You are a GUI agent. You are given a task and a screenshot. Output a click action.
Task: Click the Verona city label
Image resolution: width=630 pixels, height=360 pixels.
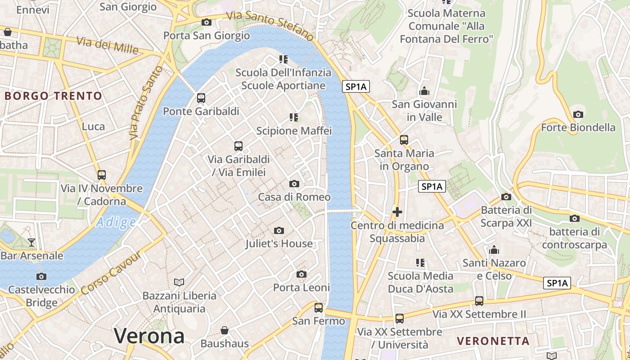[x=149, y=336]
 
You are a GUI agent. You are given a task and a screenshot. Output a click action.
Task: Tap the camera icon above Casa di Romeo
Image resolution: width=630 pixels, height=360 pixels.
[x=294, y=184]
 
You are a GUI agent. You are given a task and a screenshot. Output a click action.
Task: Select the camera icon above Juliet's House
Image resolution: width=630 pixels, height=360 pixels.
[x=279, y=230]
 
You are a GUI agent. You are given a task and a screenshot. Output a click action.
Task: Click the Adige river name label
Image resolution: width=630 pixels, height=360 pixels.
[x=116, y=222]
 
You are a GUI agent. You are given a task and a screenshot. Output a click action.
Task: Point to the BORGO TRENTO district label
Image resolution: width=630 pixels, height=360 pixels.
[x=54, y=96]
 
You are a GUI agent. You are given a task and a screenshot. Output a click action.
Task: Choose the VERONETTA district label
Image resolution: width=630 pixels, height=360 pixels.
[x=493, y=341]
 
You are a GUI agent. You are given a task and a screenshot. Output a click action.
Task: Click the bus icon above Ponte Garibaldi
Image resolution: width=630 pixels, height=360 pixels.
[x=201, y=98]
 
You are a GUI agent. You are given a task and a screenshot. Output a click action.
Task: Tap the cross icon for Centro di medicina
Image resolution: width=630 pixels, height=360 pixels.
[x=397, y=211]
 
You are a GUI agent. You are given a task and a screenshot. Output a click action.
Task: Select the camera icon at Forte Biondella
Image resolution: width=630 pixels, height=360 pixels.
[x=578, y=114]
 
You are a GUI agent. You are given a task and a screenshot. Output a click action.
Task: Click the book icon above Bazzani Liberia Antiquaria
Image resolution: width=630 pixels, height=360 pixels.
[x=179, y=282]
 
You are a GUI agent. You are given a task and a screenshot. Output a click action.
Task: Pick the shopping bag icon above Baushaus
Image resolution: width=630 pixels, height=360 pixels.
[x=225, y=330]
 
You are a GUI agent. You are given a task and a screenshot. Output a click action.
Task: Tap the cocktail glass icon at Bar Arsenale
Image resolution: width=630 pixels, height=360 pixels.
[x=31, y=243]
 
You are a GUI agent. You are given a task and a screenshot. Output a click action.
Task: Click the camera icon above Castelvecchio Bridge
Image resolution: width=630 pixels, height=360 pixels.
[x=41, y=276]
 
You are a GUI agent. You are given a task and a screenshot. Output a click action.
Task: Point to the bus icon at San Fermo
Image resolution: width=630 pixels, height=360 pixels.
[x=319, y=308]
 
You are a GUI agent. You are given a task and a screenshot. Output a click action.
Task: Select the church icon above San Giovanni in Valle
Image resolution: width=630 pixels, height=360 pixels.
[x=424, y=91]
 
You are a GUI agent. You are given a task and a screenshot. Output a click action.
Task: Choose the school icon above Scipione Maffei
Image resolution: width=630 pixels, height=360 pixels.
[x=294, y=117]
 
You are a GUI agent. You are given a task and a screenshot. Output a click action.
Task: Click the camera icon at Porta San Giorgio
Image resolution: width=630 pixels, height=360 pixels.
[x=207, y=22]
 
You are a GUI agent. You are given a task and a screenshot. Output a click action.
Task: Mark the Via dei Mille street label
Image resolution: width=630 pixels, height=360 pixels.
[x=108, y=45]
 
